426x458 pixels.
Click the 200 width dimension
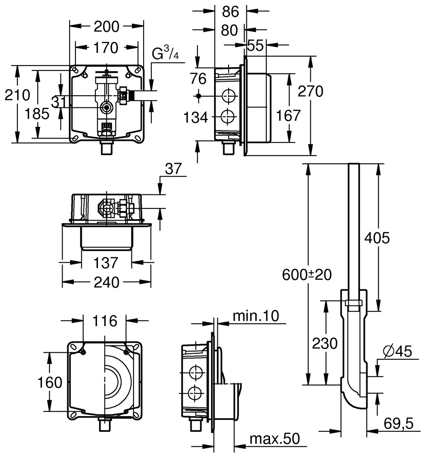pos(106,27)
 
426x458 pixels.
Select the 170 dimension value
pos(105,48)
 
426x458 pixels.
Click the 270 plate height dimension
pos(310,91)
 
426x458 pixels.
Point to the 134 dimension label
pos(196,118)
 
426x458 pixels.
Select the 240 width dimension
pos(107,282)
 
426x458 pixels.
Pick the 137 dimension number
pos(106,262)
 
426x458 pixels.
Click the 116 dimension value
pos(105,320)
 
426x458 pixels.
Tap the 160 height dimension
pos(49,382)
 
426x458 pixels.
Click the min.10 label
pos(255,316)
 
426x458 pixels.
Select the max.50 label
pos(274,438)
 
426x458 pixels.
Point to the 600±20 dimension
pos(307,274)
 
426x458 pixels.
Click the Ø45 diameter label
pos(398,352)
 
